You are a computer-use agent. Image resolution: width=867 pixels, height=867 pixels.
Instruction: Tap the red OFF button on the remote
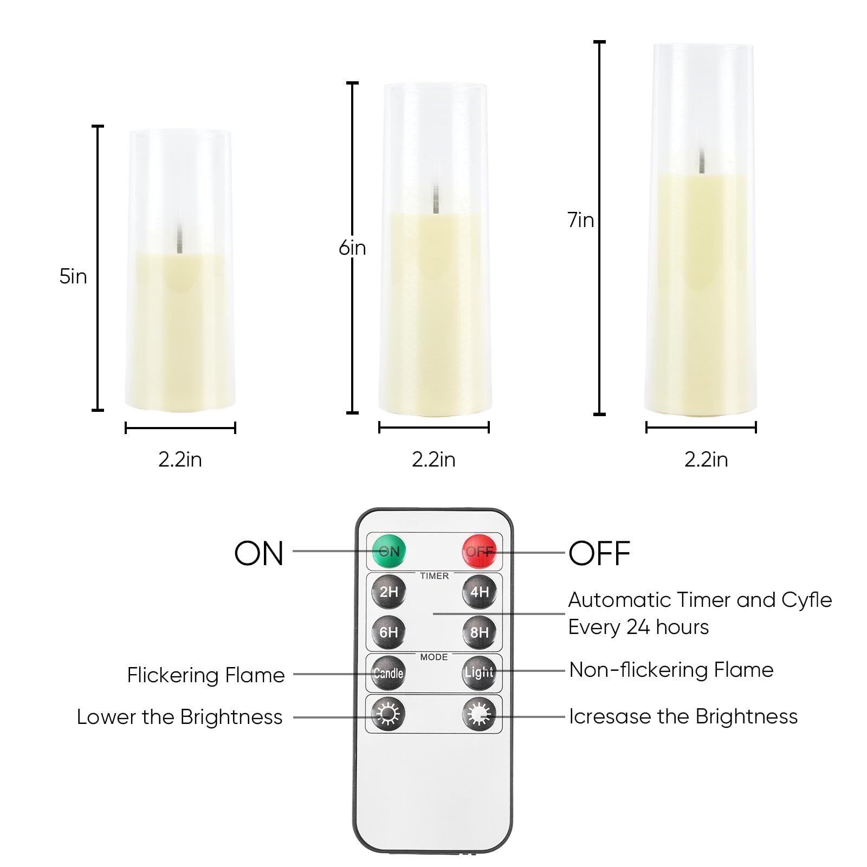pos(479,552)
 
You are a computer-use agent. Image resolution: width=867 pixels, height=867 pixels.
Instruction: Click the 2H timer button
pos(389,592)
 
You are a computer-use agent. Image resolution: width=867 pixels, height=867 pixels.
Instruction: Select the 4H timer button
pos(479,592)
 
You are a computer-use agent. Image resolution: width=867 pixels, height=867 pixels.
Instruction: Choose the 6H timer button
pos(389,632)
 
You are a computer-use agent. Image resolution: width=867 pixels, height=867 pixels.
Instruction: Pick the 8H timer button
pos(479,632)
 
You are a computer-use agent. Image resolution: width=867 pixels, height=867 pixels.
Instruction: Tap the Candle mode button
pos(389,673)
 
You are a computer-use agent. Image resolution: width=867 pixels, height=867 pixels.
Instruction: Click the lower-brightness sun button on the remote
pos(389,714)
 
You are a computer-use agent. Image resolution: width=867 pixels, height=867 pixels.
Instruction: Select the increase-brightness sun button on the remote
pos(479,714)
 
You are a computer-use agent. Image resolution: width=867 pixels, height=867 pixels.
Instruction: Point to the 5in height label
pos(73,276)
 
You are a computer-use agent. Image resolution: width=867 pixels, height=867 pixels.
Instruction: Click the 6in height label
pos(352,248)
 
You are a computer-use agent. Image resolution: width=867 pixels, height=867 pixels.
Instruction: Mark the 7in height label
pos(581,219)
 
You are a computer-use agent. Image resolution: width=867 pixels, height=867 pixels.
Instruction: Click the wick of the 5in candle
pos(178,239)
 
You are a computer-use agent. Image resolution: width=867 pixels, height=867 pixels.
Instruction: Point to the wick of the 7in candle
pos(702,161)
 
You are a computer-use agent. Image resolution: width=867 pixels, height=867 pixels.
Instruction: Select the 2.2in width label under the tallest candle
pos(706,460)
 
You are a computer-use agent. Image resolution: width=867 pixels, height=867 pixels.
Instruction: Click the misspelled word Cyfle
pos(807,600)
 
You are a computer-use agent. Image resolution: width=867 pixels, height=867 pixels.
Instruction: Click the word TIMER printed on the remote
pos(435,576)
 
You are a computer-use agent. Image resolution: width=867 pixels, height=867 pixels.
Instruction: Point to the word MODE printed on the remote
pos(434,657)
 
